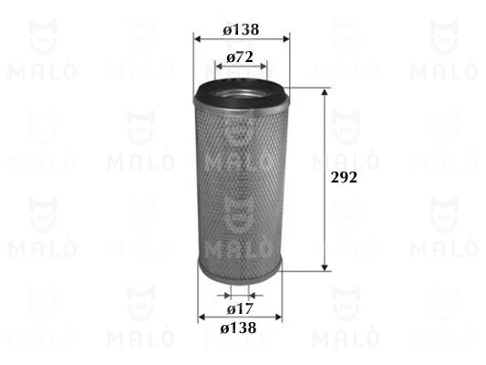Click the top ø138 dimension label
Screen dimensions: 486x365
click(x=241, y=30)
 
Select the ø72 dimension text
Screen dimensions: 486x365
click(x=240, y=57)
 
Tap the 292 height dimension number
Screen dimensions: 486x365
click(x=344, y=177)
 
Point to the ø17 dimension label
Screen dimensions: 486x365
click(x=240, y=309)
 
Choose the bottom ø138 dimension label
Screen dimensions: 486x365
click(x=238, y=328)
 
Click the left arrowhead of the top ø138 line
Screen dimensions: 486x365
click(x=197, y=39)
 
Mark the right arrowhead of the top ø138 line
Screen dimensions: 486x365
click(x=285, y=39)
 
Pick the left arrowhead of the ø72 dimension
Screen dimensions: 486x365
click(x=219, y=67)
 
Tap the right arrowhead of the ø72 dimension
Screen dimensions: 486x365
click(x=264, y=67)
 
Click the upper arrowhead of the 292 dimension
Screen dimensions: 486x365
click(x=325, y=93)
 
